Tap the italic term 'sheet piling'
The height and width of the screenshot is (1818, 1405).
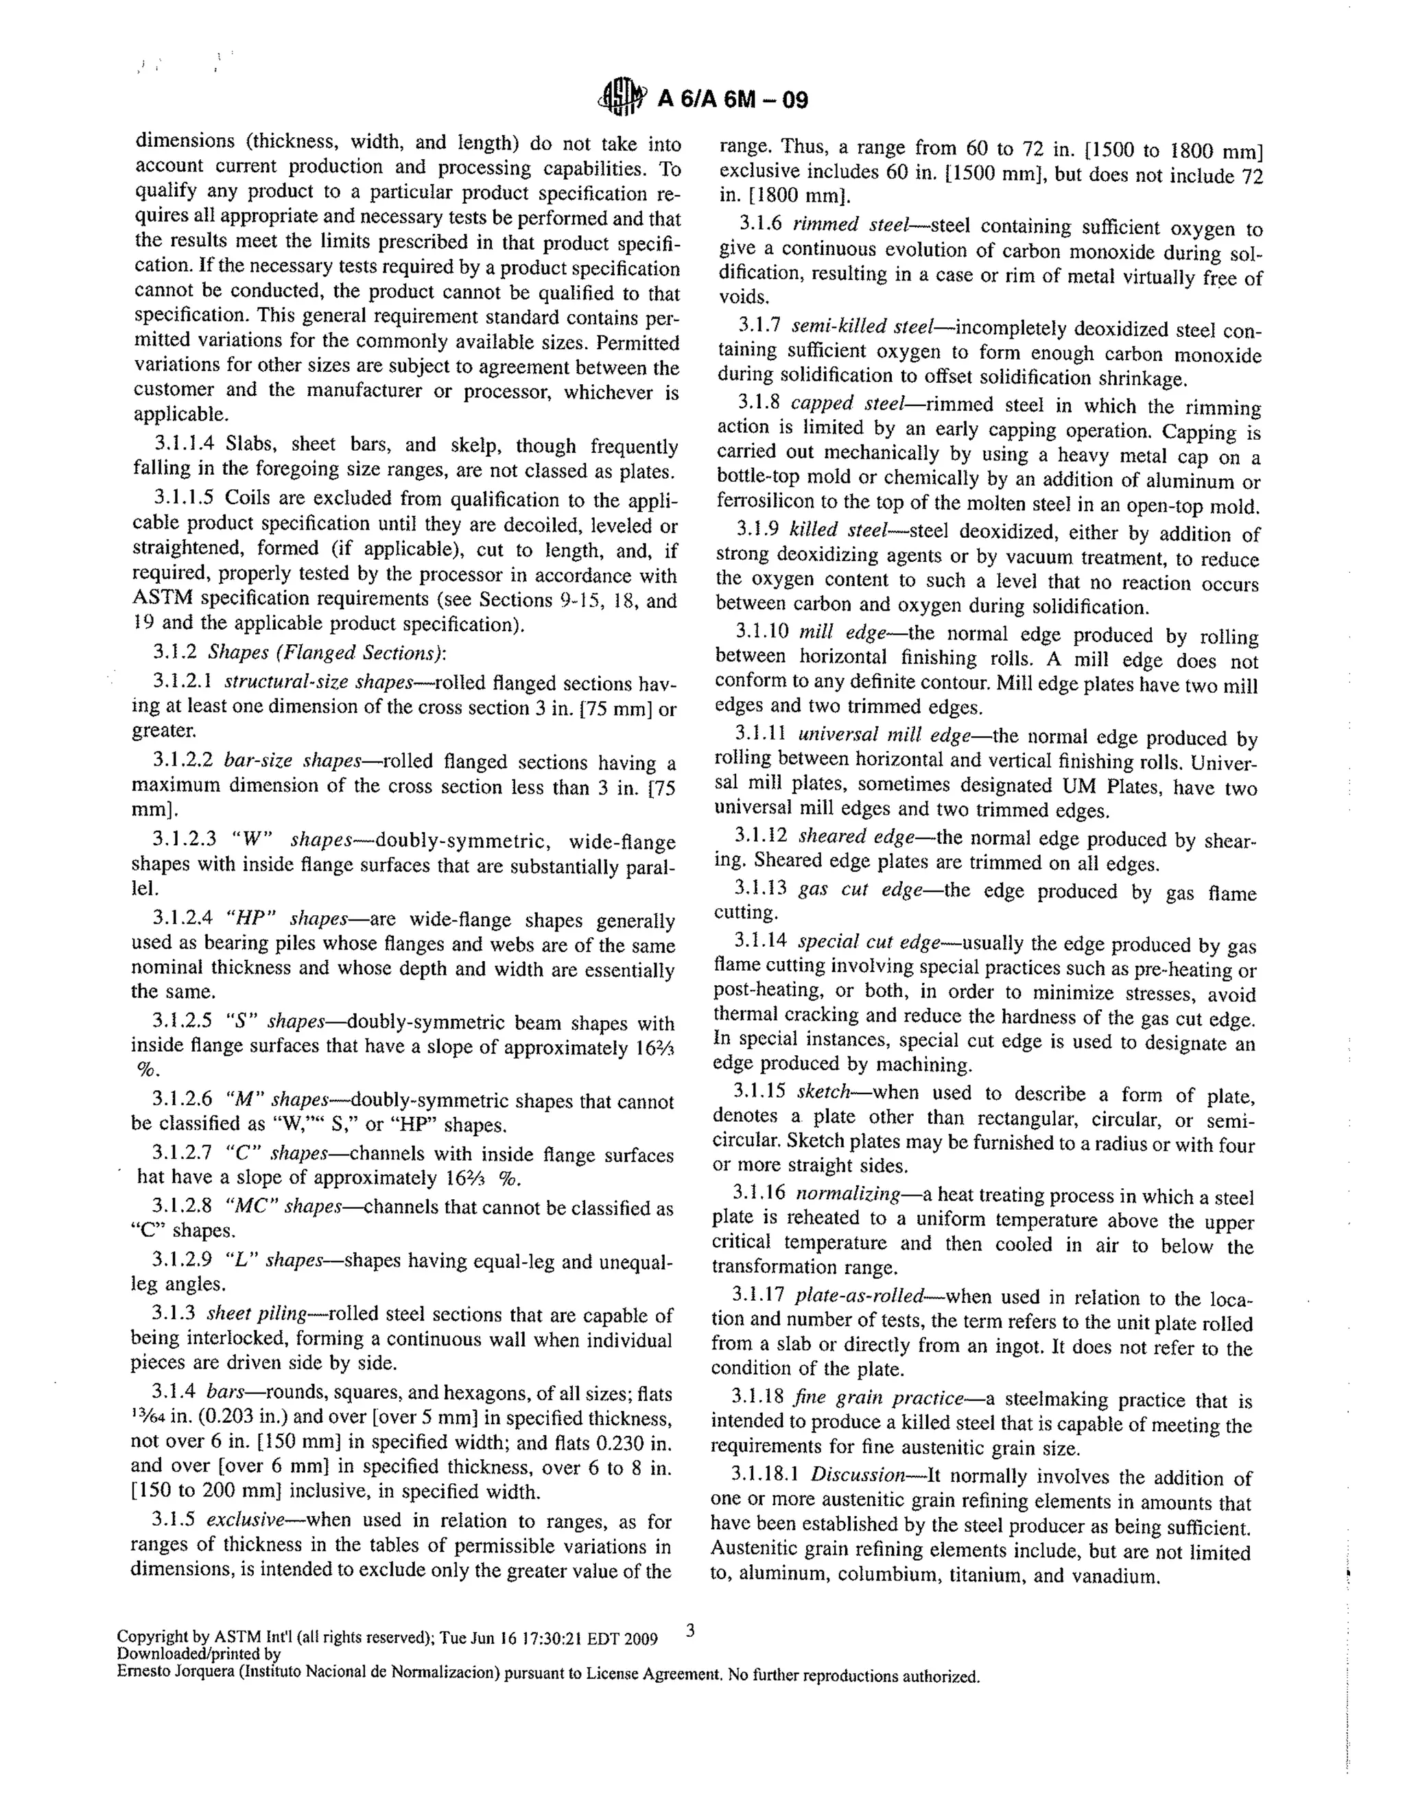click(257, 1314)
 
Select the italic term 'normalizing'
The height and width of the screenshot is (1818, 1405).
click(847, 1194)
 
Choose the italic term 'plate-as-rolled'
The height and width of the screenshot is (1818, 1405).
click(859, 1296)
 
